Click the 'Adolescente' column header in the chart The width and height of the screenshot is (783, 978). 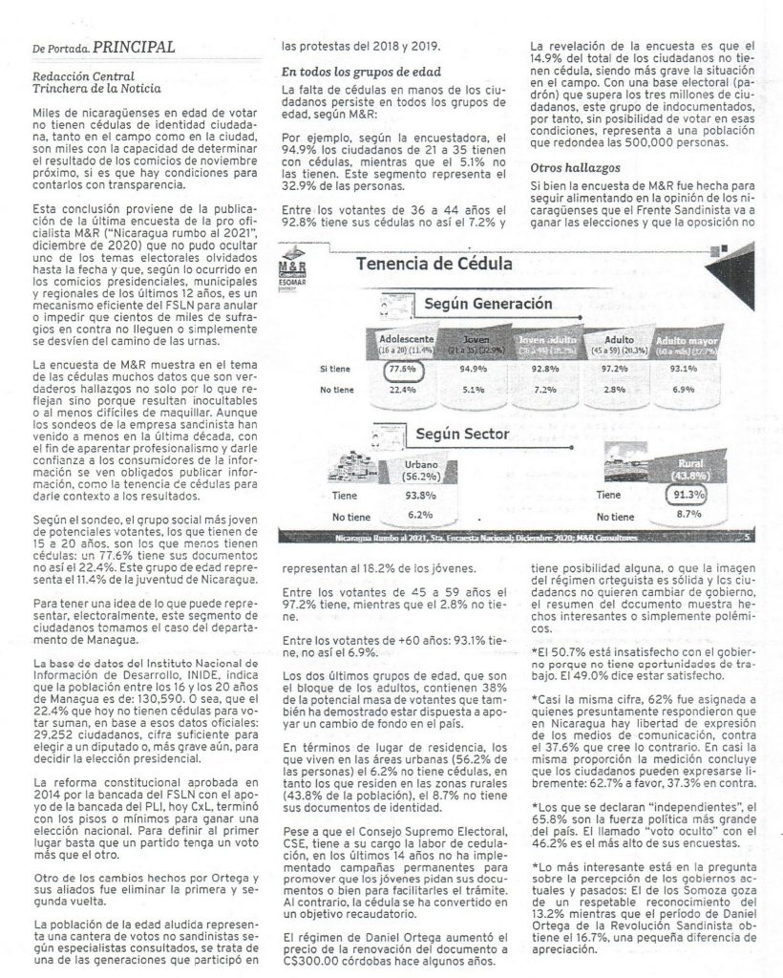point(408,339)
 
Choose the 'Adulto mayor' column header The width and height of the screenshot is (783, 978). point(682,340)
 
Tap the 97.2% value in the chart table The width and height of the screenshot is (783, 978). point(614,369)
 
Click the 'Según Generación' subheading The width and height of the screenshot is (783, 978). point(488,305)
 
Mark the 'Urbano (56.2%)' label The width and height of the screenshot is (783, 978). point(413,469)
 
